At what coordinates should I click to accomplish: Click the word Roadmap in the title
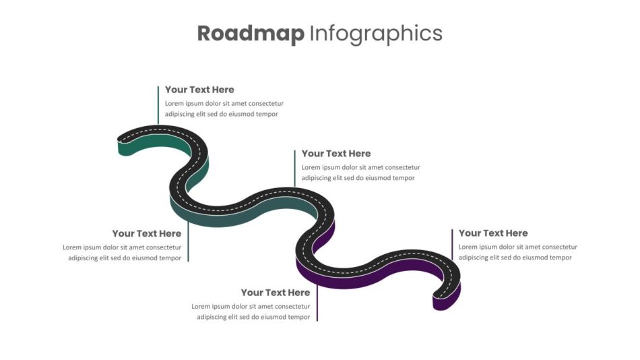[251, 33]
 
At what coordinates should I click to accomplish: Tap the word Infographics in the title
[376, 34]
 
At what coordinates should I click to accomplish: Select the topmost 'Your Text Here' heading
[199, 90]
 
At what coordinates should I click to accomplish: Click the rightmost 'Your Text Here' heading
[493, 233]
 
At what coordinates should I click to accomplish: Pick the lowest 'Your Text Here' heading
[276, 293]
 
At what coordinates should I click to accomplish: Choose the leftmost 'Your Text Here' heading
[147, 233]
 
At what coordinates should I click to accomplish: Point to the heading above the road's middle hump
[336, 153]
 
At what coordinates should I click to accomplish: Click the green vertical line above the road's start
[158, 105]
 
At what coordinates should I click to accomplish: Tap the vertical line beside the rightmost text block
[452, 244]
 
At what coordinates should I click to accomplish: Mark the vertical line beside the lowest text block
[317, 303]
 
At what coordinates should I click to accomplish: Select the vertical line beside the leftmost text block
[188, 241]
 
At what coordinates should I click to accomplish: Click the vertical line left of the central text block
[294, 169]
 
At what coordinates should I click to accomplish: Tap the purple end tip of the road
[441, 303]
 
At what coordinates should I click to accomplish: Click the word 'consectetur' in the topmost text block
[265, 103]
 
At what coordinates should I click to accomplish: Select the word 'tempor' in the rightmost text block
[561, 258]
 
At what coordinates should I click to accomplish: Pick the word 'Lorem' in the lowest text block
[200, 306]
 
